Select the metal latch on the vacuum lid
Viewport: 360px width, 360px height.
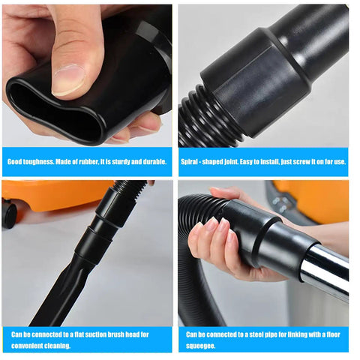[x=281, y=202]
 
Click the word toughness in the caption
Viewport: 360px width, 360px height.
[x=37, y=161]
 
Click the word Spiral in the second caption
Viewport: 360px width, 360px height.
[x=190, y=161]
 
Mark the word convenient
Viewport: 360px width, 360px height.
[x=28, y=346]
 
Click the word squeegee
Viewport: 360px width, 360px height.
[x=202, y=346]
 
